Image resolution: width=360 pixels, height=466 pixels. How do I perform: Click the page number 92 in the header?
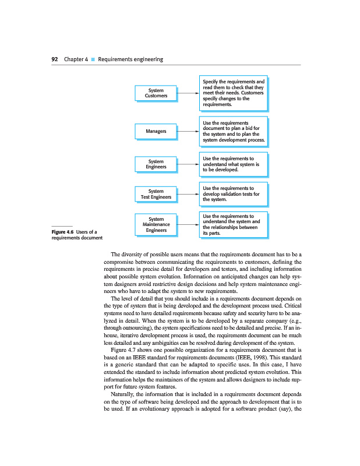(x=54, y=59)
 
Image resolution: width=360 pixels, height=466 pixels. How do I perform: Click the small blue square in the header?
(x=93, y=59)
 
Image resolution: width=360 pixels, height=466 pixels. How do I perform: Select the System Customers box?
(x=156, y=93)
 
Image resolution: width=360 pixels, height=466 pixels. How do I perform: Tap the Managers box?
(x=156, y=131)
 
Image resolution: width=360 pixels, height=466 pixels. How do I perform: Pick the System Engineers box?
(x=156, y=164)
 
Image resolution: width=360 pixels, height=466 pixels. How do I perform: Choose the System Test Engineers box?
(x=156, y=194)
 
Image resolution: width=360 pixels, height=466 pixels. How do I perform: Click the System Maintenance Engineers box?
(x=156, y=224)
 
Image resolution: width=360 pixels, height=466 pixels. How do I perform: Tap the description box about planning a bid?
(x=233, y=131)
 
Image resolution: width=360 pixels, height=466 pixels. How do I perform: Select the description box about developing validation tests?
(x=233, y=194)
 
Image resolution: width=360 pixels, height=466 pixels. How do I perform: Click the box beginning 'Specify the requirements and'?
(x=233, y=93)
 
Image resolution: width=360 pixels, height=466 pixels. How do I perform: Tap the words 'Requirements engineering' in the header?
(x=130, y=59)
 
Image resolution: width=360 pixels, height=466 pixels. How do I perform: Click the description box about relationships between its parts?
(x=233, y=225)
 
